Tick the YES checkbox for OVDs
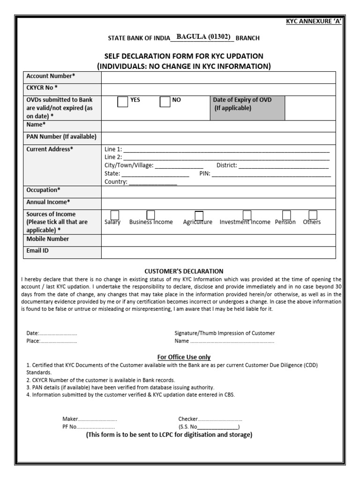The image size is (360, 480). pos(122,102)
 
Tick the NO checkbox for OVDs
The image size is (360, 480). pos(165,102)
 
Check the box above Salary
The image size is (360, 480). pos(115,215)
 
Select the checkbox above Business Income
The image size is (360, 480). pos(151,215)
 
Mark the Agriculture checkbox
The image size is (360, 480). pos(199,215)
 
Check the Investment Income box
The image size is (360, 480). pos(247,215)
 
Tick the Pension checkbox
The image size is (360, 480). pos(286,215)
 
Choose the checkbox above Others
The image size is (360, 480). pos(313,215)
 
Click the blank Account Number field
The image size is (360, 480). pos(218,77)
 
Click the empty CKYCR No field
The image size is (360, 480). pos(218,89)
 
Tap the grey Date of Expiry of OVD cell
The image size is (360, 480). pos(247,108)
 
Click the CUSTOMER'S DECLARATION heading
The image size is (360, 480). pos(184,271)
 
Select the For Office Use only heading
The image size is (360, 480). pos(184,357)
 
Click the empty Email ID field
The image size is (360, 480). pos(218,252)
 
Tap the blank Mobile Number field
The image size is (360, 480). pos(218,240)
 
